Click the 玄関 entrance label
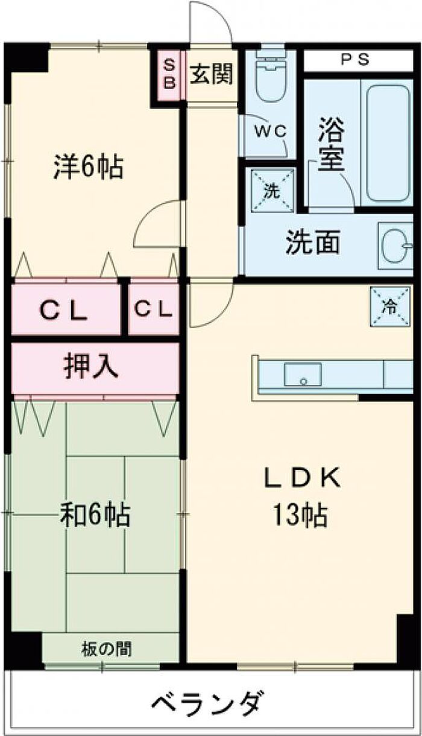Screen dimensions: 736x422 click(x=212, y=75)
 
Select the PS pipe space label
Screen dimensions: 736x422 click(x=356, y=60)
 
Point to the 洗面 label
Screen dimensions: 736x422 click(x=312, y=243)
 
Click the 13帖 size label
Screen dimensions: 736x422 click(x=300, y=516)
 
